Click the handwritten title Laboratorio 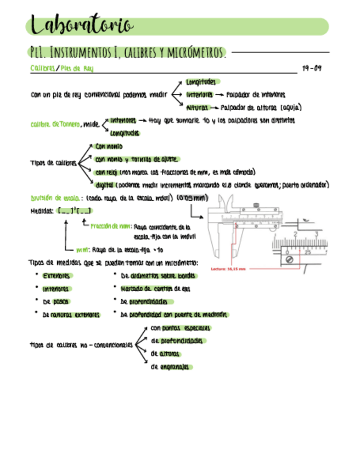[x=81, y=25]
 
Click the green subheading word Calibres [x=42, y=69]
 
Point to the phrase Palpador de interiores [x=255, y=94]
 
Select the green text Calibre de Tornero [x=54, y=124]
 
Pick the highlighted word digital [x=103, y=185]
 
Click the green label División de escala [x=55, y=198]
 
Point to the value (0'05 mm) [x=192, y=197]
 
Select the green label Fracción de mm [x=110, y=225]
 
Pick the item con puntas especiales [x=180, y=328]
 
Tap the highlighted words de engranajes [x=170, y=367]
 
